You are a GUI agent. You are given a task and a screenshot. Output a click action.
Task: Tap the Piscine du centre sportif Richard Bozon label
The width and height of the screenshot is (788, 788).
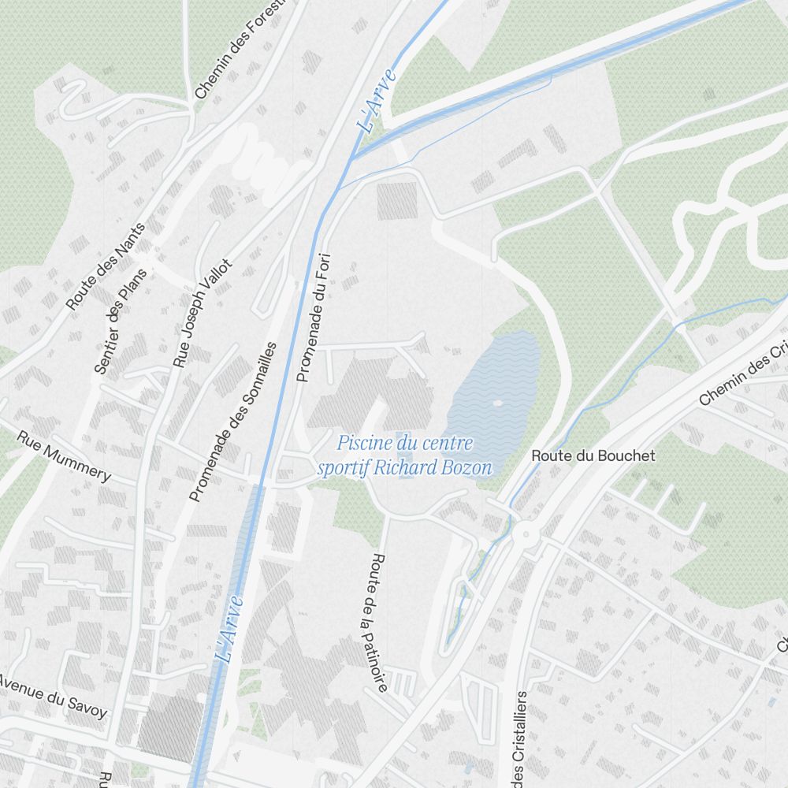(x=404, y=455)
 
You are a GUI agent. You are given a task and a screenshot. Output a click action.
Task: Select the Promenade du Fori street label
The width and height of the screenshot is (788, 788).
(x=313, y=317)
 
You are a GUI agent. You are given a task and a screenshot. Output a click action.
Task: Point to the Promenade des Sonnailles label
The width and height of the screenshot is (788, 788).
(x=234, y=422)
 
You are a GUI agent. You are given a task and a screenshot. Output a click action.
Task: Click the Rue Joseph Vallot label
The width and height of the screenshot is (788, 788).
(x=203, y=313)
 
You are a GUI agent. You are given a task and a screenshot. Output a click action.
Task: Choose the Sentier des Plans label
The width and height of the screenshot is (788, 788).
(x=121, y=322)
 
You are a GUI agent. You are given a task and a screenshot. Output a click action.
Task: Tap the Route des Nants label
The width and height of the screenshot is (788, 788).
(x=106, y=266)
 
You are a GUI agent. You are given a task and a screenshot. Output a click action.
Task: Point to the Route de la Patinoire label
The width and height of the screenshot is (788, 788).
(x=378, y=623)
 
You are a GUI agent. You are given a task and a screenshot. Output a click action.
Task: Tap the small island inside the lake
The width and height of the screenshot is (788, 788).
(x=497, y=403)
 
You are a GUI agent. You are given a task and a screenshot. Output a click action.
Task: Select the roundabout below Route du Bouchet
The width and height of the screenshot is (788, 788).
(x=526, y=535)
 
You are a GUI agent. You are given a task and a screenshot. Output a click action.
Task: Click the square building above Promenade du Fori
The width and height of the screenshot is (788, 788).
(x=396, y=200)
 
